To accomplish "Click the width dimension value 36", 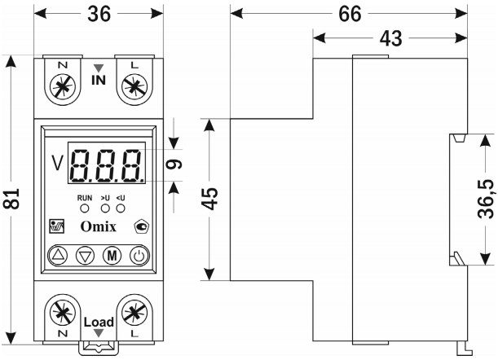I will coord(99,15).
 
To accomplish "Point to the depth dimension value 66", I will coord(350,15).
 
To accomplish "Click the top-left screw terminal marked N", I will coord(60,86).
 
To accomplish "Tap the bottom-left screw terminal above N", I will coord(60,311).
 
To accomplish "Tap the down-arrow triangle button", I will coord(86,255).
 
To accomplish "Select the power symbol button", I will coord(139,255).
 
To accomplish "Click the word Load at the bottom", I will coord(99,323).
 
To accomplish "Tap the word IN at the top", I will coord(99,81).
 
